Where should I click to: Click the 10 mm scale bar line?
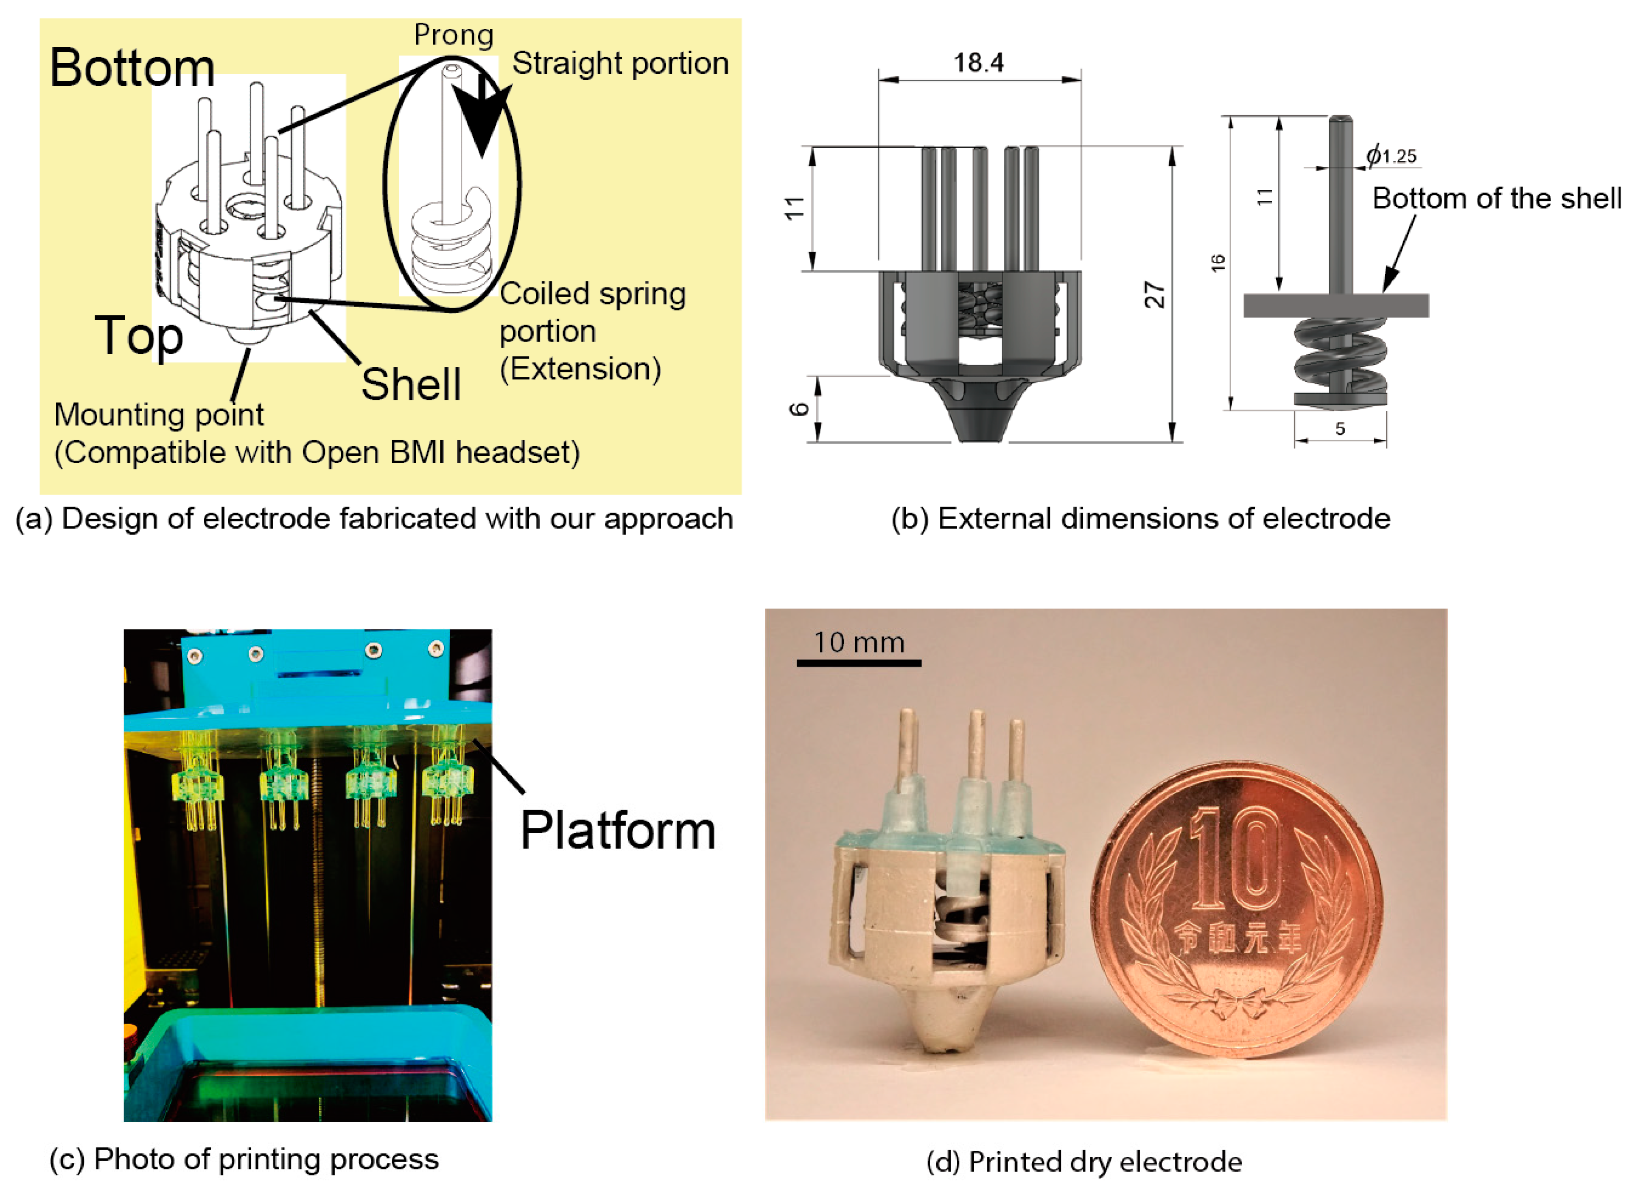tap(859, 663)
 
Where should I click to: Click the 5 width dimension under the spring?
tap(1340, 428)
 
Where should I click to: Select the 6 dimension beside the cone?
tap(799, 409)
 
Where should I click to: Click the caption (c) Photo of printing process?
tap(244, 1159)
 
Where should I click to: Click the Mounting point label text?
tap(158, 415)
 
